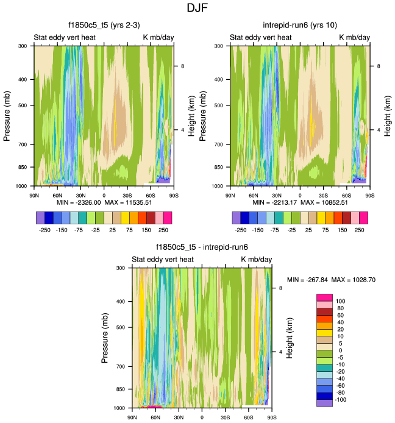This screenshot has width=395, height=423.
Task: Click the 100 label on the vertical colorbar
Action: [341, 301]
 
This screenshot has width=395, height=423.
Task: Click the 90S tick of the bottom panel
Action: [272, 418]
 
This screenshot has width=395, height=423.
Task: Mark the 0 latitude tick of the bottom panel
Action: [202, 418]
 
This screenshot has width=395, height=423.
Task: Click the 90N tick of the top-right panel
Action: [230, 195]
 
